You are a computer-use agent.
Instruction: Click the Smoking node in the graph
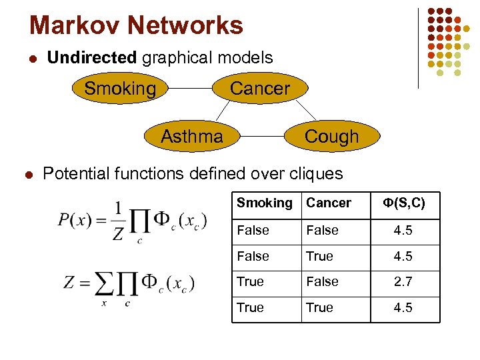coord(120,89)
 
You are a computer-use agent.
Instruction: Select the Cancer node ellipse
coord(259,89)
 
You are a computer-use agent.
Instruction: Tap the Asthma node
coord(192,137)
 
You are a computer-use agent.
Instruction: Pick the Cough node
coord(331,137)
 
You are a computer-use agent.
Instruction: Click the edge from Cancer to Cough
coord(305,111)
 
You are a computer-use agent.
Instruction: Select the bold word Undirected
coord(91,57)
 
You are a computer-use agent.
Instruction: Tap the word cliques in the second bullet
coord(317,174)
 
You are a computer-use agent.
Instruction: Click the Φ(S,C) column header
coord(403,203)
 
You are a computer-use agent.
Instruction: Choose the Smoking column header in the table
coord(265,203)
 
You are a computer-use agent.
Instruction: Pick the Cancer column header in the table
coord(329,203)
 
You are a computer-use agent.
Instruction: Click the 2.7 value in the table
coord(403,282)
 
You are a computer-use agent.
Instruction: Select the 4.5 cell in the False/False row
coord(403,231)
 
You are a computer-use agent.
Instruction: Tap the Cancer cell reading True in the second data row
coord(319,257)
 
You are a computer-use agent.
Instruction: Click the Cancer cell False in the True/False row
coord(322,282)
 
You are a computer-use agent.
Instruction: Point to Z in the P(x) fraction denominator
coord(119,235)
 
